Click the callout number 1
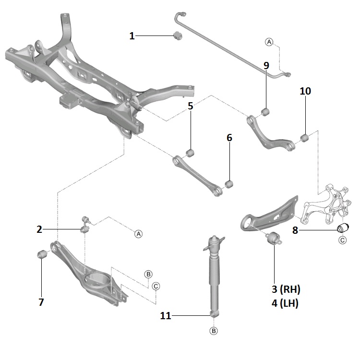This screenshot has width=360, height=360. (x=132, y=36)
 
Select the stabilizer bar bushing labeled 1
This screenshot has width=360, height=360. (x=176, y=35)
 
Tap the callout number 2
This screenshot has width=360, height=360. (x=39, y=229)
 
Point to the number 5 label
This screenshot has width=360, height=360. (x=191, y=106)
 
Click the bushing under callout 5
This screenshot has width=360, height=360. (x=190, y=153)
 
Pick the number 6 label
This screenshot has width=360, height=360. (x=229, y=138)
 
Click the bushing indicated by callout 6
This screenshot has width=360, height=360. (x=229, y=183)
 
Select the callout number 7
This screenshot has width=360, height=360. (x=41, y=302)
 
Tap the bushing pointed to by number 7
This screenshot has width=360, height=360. (x=41, y=253)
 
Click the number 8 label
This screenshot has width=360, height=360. (x=295, y=230)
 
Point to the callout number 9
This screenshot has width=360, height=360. (x=266, y=65)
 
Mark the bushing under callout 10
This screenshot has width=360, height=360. (x=303, y=139)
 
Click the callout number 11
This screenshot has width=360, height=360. (x=166, y=315)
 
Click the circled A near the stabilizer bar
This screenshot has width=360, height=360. (x=269, y=42)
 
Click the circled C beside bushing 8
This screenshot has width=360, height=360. (x=342, y=240)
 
